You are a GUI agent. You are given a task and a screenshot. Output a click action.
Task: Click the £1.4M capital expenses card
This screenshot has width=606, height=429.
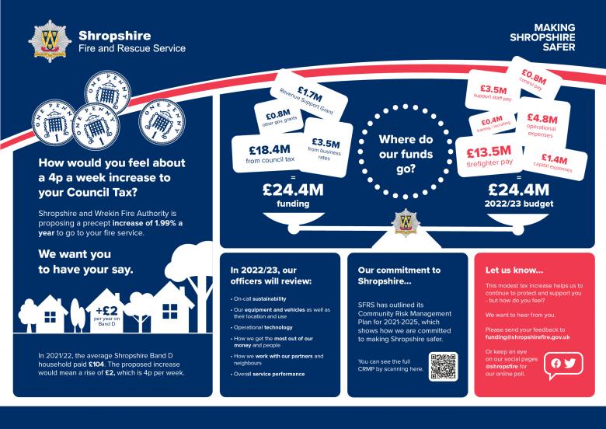click(553, 162)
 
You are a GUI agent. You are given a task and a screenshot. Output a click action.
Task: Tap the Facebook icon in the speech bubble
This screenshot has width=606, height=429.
click(555, 363)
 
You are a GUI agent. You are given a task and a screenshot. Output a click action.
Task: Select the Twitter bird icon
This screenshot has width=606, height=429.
click(570, 363)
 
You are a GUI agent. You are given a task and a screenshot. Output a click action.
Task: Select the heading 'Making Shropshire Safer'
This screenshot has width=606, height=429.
click(544, 36)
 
